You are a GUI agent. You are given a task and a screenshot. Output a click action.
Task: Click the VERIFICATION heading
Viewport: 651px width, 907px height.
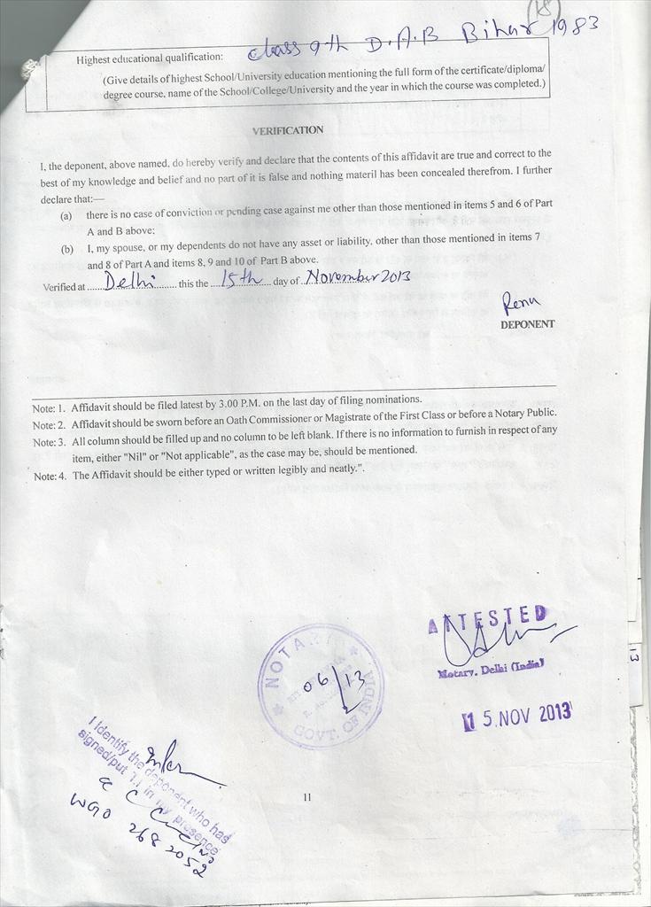tap(288, 130)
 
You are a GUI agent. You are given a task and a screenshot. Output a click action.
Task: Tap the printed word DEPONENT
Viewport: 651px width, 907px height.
tap(527, 324)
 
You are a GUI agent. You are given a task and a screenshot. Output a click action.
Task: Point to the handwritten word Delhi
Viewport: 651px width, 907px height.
tap(129, 282)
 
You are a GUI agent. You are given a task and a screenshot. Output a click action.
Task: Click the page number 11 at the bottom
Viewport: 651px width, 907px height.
tap(307, 797)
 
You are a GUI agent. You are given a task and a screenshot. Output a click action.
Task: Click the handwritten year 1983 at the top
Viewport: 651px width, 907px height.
tap(579, 27)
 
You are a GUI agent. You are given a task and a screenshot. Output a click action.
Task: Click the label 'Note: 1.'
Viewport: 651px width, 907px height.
tap(50, 409)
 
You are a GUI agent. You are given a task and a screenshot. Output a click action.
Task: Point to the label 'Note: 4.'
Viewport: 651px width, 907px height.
tap(50, 476)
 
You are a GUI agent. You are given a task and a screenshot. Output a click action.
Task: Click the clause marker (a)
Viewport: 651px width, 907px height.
tap(66, 215)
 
